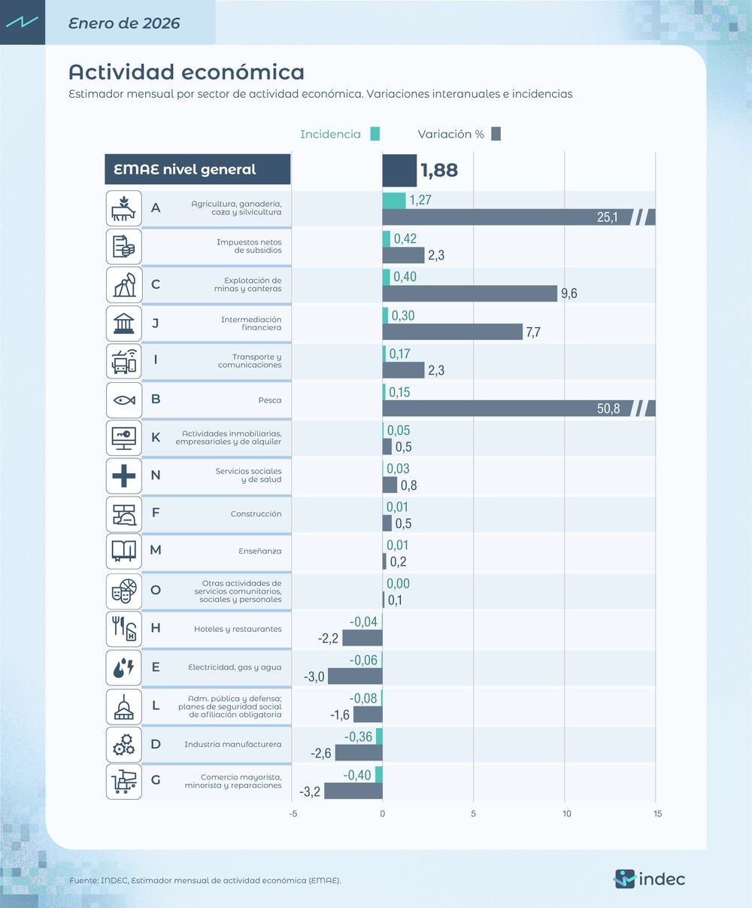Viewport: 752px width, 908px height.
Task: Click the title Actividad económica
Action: [x=186, y=72]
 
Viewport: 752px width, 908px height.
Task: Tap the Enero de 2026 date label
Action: [x=124, y=23]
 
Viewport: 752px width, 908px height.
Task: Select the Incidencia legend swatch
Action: [x=374, y=134]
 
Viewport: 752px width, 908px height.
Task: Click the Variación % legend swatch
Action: [x=496, y=134]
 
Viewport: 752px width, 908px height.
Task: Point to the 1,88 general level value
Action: [x=439, y=170]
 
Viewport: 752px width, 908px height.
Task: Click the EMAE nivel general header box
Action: [x=197, y=170]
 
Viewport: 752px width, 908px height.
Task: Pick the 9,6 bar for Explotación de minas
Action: [x=469, y=293]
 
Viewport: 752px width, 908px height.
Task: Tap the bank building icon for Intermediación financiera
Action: [x=123, y=323]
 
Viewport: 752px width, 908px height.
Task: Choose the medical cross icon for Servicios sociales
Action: [x=123, y=475]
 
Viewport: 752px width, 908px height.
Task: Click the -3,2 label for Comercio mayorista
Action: [x=310, y=791]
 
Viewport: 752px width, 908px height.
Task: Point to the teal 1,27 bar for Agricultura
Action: [x=394, y=200]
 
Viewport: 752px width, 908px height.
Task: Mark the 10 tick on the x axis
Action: [x=566, y=814]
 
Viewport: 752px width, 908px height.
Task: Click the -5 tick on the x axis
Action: [x=293, y=814]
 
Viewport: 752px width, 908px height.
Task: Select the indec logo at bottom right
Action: [x=650, y=879]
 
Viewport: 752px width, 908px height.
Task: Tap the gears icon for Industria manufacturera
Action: [x=123, y=745]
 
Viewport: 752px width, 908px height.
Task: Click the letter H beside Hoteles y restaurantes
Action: [x=156, y=628]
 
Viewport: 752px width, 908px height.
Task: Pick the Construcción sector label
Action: [x=256, y=514]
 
